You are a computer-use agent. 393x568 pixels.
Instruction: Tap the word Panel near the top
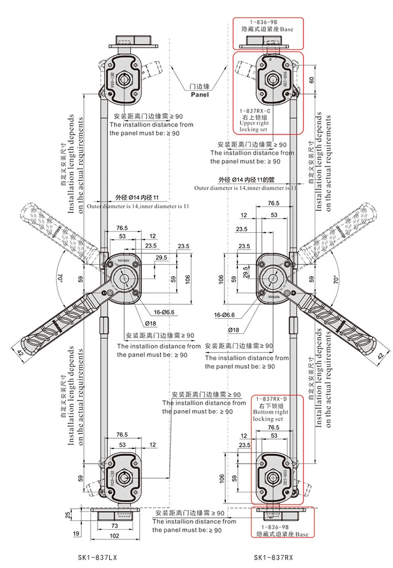click(199, 95)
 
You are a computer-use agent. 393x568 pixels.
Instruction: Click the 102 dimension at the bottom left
click(114, 536)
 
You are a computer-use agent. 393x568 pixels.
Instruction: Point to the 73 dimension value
click(114, 525)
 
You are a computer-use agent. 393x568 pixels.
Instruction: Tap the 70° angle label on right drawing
click(336, 280)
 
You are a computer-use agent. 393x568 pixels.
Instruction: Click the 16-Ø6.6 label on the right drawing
click(224, 315)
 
